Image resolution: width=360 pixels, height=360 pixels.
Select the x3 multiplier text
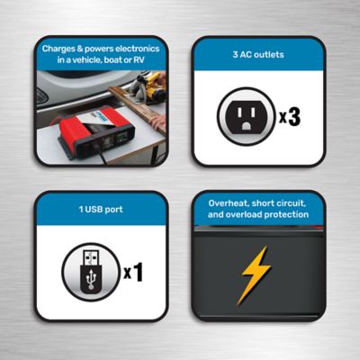(x=289, y=117)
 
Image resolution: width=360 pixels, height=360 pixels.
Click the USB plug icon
(x=90, y=271)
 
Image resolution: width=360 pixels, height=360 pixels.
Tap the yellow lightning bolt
(x=256, y=272)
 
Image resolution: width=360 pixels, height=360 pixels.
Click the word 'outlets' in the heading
(x=269, y=54)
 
